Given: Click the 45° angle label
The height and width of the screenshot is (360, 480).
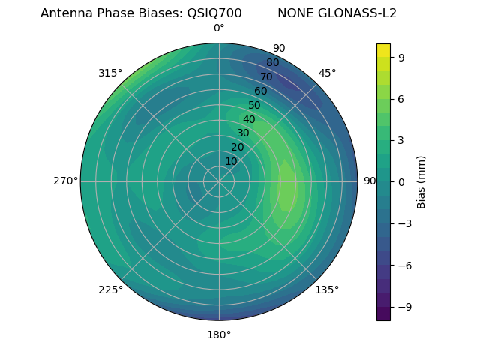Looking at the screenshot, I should (x=327, y=73).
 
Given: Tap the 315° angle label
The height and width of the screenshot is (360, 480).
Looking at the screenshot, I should (x=110, y=73).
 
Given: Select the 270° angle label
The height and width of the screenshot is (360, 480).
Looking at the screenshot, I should (x=65, y=181).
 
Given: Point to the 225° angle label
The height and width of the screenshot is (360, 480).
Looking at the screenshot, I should (x=110, y=289).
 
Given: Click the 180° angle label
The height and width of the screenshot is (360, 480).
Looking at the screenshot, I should (x=219, y=334).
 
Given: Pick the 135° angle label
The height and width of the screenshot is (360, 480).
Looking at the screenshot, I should (x=327, y=289).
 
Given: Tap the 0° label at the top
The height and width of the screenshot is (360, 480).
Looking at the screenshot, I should (x=219, y=28).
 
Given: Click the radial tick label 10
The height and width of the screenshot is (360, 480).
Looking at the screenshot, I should (x=231, y=161).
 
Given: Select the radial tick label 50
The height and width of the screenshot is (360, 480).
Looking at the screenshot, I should (x=255, y=105).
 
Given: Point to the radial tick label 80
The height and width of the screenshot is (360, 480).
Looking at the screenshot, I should (x=273, y=62).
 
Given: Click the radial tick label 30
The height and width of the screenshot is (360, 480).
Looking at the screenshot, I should (x=243, y=133).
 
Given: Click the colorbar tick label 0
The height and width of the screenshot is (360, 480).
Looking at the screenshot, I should (x=402, y=181).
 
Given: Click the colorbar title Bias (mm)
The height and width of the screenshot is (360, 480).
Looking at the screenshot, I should (x=421, y=181).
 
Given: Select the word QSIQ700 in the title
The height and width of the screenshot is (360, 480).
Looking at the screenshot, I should (x=214, y=13).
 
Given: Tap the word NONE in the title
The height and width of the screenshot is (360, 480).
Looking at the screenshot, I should (x=296, y=13).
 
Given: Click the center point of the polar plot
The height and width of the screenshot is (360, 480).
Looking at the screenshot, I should (x=219, y=181).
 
